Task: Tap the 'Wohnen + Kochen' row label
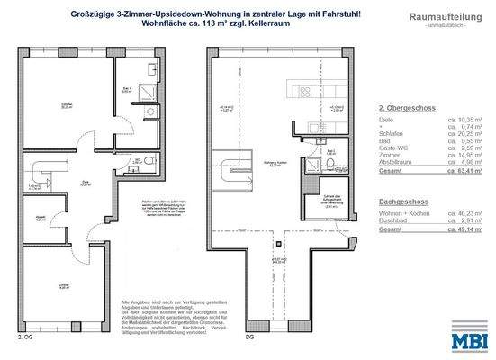click(x=403, y=214)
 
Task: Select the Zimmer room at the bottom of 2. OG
click(x=62, y=288)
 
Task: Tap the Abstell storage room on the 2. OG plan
click(x=41, y=218)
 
